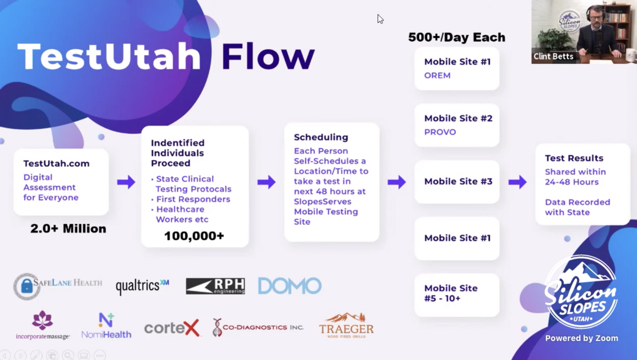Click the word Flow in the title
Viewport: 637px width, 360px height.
268,57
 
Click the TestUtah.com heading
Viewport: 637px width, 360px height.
57,163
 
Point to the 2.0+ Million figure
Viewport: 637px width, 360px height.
68,229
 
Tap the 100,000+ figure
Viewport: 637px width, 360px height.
194,236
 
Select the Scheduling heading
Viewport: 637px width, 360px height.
321,137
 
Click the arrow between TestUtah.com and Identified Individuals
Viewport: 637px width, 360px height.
126,182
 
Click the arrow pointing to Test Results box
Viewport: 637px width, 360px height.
517,182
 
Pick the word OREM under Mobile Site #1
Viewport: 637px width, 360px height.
437,75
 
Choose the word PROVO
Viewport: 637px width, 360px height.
440,132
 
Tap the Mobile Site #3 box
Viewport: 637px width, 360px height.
457,182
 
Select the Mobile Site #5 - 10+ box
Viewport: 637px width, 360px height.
457,294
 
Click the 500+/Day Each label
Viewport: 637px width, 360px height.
456,37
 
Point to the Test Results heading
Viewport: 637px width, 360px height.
574,158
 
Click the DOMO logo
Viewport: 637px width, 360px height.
289,286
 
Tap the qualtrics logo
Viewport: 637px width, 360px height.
142,286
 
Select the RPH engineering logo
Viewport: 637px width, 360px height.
215,286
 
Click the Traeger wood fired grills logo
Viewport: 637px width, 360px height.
346,326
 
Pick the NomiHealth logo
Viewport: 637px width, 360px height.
106,326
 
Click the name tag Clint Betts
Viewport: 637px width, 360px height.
553,56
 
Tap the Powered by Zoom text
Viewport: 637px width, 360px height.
581,338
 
